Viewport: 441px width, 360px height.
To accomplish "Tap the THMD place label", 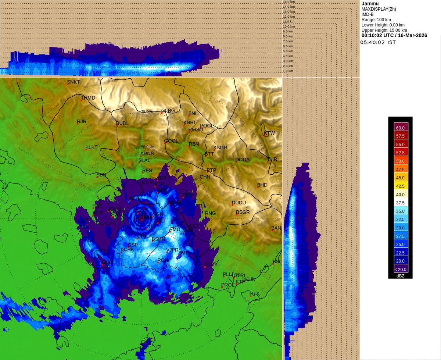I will pyautogui.click(x=88, y=98).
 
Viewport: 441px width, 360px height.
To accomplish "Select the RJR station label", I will pyautogui.click(x=82, y=121).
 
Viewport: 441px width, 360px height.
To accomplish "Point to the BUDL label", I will pyautogui.click(x=123, y=123).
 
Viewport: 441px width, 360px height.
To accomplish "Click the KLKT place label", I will pyautogui.click(x=92, y=147).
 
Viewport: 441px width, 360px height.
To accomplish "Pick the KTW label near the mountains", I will pyautogui.click(x=269, y=133).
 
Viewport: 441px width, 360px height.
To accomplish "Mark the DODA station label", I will pyautogui.click(x=243, y=160).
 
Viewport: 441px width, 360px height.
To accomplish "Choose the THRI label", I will pyautogui.click(x=273, y=159).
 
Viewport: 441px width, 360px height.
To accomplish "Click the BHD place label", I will pyautogui.click(x=262, y=185).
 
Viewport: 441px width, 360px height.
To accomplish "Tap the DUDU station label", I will pyautogui.click(x=239, y=203).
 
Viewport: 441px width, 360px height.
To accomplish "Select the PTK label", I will pyautogui.click(x=255, y=293).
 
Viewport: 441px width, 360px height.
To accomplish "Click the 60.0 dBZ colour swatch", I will pyautogui.click(x=400, y=128).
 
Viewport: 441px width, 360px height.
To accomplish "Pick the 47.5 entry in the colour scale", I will pyautogui.click(x=400, y=170).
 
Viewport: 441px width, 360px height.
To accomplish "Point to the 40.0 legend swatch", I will pyautogui.click(x=400, y=195).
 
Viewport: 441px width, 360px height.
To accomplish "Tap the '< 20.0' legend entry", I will pyautogui.click(x=400, y=269).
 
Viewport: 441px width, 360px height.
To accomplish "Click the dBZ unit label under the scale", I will pyautogui.click(x=400, y=276).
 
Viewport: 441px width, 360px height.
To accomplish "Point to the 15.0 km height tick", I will pyautogui.click(x=288, y=2).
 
